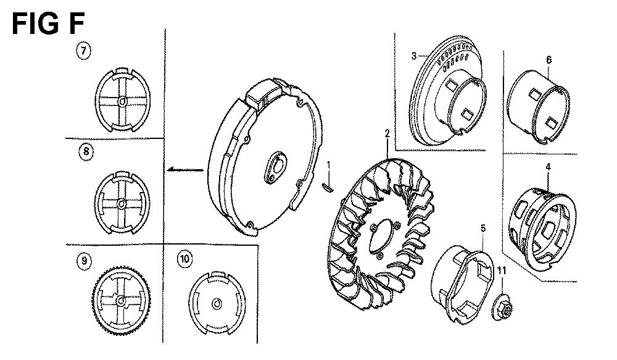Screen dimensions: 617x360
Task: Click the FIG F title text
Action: coord(48,23)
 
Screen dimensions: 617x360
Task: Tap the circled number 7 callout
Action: coord(83,51)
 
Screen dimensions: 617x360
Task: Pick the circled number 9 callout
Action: coord(84,261)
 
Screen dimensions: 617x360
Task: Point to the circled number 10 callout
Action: coord(184,259)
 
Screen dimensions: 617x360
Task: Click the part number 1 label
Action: coord(329,164)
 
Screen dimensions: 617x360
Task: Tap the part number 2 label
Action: coord(387,133)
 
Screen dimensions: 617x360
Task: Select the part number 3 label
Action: coord(414,56)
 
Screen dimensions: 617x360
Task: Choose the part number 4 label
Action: coord(548,167)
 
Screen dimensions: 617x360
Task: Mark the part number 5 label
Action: coord(483,228)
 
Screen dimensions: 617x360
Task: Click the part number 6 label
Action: coord(549,60)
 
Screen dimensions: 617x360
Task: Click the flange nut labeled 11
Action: coord(502,306)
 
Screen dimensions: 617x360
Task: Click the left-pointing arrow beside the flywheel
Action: coord(185,170)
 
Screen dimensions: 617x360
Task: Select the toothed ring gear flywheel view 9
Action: coord(121,300)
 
